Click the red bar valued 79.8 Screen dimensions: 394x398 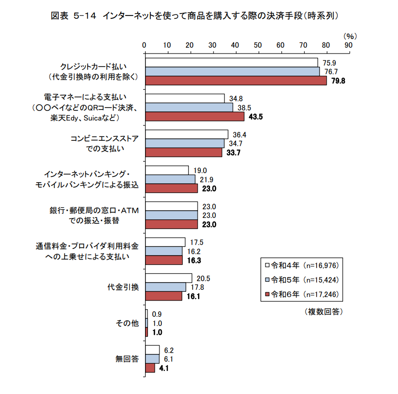(x=236, y=80)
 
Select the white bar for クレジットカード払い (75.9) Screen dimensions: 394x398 (x=231, y=62)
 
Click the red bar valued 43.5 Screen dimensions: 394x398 (x=195, y=116)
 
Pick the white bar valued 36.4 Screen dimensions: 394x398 (x=186, y=134)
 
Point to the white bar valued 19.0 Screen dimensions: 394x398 (x=167, y=170)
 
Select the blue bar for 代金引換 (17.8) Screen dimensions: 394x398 (x=165, y=287)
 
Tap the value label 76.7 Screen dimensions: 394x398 (x=330, y=71)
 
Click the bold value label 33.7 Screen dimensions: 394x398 (x=234, y=152)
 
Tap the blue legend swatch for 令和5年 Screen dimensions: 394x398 (x=266, y=280)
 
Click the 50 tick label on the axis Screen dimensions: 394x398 (x=258, y=45)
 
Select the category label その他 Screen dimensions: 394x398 (x=127, y=323)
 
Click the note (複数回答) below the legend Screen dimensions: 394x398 (x=324, y=312)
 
